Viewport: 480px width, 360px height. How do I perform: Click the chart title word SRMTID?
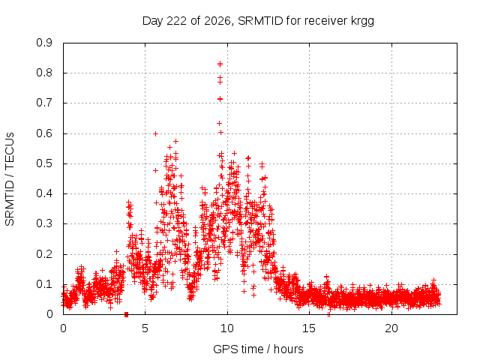(x=260, y=21)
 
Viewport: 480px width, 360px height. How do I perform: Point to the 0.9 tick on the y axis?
(x=44, y=43)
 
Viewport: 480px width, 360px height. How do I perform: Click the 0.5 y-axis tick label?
(x=44, y=163)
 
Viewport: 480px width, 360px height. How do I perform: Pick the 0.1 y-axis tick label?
(x=44, y=284)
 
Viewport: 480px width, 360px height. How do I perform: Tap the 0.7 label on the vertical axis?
(x=44, y=103)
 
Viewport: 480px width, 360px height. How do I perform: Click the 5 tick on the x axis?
(x=145, y=328)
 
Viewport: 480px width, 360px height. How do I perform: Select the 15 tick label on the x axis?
(x=309, y=328)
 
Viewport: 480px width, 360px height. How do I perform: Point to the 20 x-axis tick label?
(x=391, y=328)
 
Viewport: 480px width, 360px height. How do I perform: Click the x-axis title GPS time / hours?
(x=258, y=349)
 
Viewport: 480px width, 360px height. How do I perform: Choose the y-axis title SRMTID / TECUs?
(x=10, y=179)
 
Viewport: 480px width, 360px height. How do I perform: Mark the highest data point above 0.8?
(x=220, y=64)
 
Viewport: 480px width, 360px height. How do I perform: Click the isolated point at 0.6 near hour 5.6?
(x=155, y=133)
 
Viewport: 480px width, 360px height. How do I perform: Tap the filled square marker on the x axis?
(x=127, y=314)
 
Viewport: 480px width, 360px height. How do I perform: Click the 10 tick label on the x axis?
(x=227, y=328)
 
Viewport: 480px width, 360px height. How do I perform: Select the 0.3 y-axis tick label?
(x=44, y=223)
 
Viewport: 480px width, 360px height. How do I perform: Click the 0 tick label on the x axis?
(x=63, y=328)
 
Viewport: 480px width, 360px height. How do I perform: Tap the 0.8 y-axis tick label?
(x=44, y=73)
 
